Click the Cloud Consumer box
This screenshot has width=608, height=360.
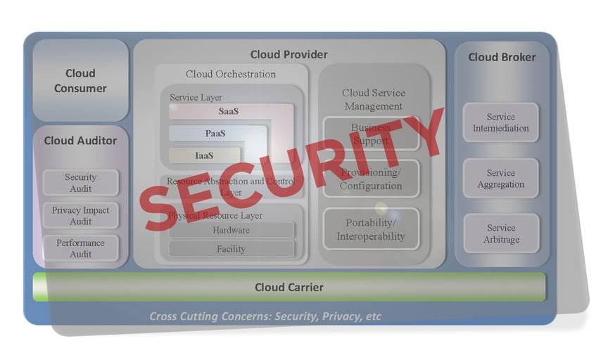coord(80,80)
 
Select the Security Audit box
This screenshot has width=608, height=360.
coord(80,183)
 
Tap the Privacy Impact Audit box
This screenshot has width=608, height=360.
coord(80,216)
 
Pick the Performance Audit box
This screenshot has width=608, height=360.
coord(80,248)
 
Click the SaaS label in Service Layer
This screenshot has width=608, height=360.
coord(229,111)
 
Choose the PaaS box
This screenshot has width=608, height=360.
coord(216,134)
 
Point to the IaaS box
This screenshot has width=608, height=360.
coord(205,155)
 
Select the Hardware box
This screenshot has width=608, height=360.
coord(231,230)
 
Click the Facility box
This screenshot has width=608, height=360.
coord(231,249)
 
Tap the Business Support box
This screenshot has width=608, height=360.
coord(370,134)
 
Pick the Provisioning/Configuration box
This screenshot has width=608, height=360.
coord(370,179)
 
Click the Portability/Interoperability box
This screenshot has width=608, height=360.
coord(370,229)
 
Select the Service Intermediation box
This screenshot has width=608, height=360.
coord(500,122)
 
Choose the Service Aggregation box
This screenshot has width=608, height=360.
coord(500,179)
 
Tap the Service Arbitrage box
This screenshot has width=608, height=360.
coord(500,233)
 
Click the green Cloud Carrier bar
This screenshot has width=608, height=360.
coord(289,287)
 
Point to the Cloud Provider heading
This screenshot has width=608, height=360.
coord(289,54)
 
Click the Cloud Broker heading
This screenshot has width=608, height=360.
coord(502,57)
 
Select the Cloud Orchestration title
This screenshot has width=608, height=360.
coord(231,74)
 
